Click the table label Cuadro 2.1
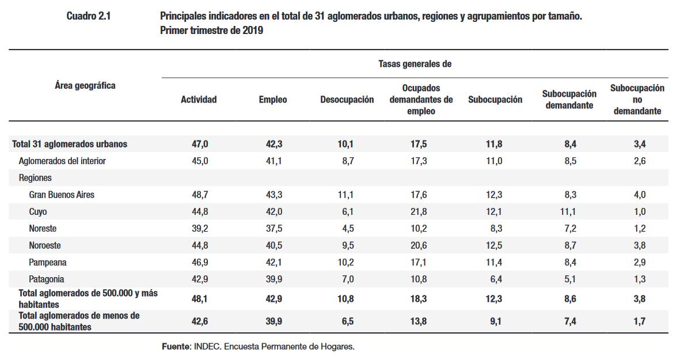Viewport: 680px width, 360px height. click(88, 17)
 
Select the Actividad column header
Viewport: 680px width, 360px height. click(199, 100)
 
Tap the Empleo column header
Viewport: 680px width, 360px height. click(272, 100)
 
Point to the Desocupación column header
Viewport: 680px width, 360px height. click(347, 100)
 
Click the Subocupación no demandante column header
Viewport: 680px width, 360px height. click(637, 100)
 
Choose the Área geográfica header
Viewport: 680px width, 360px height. click(85, 85)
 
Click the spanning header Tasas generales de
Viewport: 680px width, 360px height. click(415, 64)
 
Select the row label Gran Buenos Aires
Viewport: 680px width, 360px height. click(62, 195)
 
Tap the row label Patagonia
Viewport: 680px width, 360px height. click(47, 279)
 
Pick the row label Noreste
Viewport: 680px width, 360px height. click(43, 229)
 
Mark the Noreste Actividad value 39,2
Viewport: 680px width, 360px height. click(200, 229)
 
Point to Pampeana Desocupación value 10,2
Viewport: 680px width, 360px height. click(345, 263)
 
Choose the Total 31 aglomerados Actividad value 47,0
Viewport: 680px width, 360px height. click(200, 144)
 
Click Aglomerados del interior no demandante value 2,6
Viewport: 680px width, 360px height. click(639, 161)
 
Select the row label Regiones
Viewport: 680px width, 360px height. click(35, 178)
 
